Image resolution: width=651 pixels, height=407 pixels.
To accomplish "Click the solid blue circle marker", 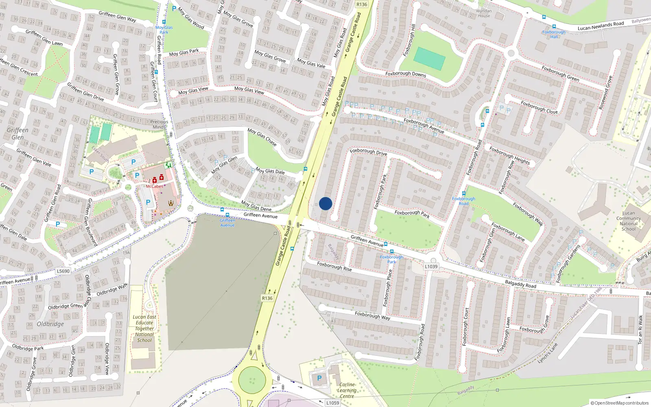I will [325, 203].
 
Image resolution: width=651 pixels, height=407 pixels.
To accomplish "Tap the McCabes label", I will [154, 186].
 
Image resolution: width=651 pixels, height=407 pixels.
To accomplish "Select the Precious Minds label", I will [159, 124].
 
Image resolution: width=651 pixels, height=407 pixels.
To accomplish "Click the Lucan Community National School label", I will [628, 221].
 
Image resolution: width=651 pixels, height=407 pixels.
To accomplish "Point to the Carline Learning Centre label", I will [347, 390].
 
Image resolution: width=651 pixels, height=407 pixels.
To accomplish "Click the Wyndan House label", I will [484, 13].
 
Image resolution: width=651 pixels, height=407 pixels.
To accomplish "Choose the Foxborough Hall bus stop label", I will [554, 34].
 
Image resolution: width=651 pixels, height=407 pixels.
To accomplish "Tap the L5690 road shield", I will [63, 271].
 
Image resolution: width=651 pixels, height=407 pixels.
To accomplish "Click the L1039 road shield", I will [431, 267].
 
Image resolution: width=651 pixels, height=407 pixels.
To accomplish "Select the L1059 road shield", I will [332, 403].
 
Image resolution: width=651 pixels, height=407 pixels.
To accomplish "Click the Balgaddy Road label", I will [520, 284].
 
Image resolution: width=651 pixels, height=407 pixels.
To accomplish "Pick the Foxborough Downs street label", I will [406, 74].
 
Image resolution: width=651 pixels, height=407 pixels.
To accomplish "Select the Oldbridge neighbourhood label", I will [50, 324].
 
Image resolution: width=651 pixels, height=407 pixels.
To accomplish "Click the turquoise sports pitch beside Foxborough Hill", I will [429, 59].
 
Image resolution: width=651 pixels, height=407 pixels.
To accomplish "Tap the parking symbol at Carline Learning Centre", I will [319, 378].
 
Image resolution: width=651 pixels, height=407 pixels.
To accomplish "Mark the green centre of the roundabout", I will [252, 380].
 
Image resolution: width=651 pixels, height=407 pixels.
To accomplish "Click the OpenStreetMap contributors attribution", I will [619, 403].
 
